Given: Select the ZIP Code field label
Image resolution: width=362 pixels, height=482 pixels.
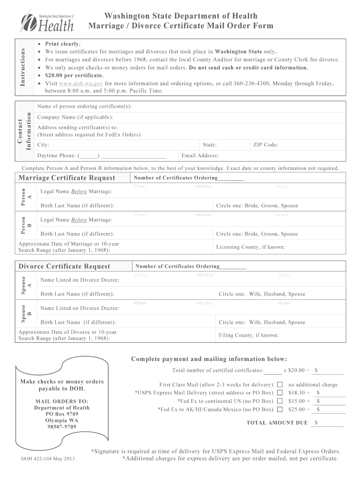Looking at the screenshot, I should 266,145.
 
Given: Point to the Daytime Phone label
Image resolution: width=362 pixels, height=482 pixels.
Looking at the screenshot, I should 56,156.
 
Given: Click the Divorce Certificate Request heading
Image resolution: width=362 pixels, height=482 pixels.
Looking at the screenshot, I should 64,266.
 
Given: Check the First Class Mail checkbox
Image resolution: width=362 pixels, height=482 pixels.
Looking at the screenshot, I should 280,385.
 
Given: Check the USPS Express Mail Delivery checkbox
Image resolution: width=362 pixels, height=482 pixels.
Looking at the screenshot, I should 280,393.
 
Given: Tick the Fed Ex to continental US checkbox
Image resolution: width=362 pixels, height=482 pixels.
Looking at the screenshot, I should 280,401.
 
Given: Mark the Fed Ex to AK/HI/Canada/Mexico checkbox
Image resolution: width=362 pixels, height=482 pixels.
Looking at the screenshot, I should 280,410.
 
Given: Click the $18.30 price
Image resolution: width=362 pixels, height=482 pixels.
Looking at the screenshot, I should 297,393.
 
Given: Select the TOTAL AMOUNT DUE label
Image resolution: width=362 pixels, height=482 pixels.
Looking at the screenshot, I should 277,423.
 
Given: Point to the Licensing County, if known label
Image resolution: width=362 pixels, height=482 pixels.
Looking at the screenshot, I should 250,247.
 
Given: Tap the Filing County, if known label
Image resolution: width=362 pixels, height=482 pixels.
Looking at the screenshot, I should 249,336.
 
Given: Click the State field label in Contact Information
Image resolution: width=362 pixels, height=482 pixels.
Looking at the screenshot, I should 209,145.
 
